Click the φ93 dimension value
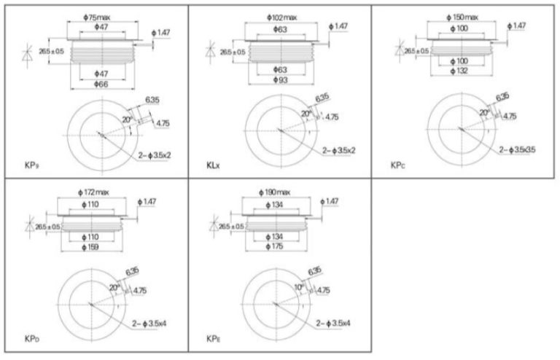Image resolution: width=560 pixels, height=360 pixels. click(281, 79)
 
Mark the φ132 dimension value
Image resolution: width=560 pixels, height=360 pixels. click(462, 71)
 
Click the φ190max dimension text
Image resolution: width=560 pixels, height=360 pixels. click(275, 191)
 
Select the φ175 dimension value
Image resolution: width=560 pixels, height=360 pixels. click(275, 247)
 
